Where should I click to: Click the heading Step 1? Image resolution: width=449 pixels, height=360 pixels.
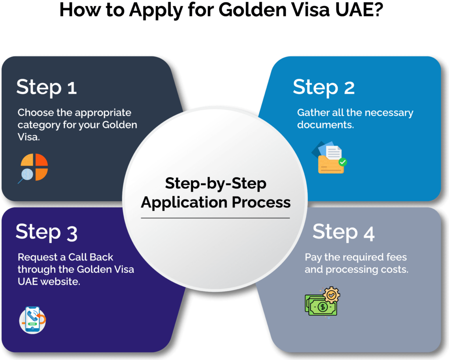tap(46, 87)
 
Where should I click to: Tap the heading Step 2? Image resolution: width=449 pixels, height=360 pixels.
tap(323, 87)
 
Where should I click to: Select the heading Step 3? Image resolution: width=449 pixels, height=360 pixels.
tap(46, 232)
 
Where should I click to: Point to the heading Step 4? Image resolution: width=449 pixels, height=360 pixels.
tap(343, 232)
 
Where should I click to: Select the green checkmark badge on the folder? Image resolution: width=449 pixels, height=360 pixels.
tap(342, 162)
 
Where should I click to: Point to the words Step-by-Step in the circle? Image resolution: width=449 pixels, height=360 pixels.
tap(215, 183)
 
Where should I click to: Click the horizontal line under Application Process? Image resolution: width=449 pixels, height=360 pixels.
tap(215, 218)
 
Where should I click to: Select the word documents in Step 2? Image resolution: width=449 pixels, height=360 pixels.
tap(324, 125)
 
